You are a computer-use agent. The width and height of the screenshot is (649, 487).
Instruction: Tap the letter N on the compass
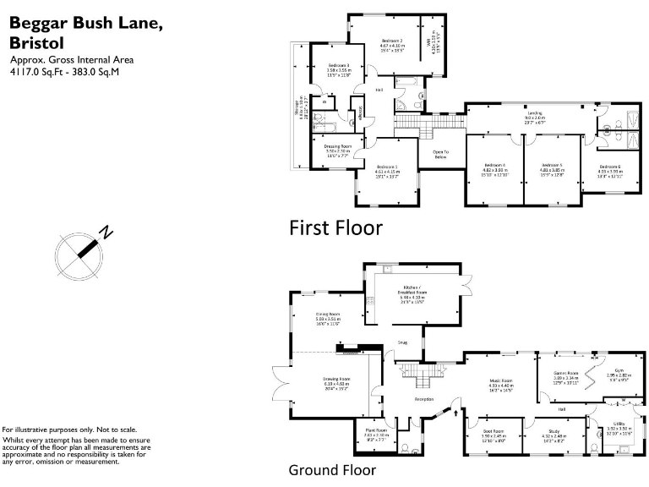106,233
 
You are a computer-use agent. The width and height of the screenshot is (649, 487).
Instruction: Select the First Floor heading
335,227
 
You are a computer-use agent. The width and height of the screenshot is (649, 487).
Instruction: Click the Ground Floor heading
332,470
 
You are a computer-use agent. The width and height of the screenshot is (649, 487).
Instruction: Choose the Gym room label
619,371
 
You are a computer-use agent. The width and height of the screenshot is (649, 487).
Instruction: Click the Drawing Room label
336,379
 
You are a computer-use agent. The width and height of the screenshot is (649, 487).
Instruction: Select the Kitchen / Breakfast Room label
417,290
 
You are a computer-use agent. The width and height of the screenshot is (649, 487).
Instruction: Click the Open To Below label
439,155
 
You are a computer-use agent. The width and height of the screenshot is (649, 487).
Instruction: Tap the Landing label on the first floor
535,112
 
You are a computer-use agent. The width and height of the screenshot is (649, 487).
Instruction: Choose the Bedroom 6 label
610,167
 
